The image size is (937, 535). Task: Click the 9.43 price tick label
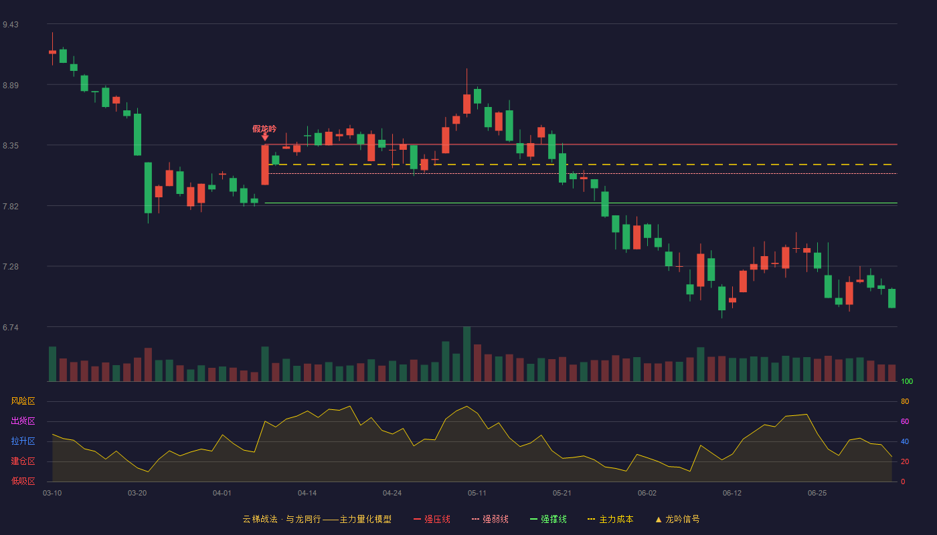(x=11, y=25)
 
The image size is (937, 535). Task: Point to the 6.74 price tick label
(x=11, y=328)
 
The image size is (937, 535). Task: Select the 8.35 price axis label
(x=11, y=146)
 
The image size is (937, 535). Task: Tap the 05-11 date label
(x=477, y=494)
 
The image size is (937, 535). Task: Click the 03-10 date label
(x=52, y=494)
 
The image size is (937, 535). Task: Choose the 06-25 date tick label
(x=817, y=494)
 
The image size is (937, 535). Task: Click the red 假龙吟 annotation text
(x=264, y=128)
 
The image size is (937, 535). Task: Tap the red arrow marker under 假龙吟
(x=265, y=138)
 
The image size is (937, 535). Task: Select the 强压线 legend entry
(x=432, y=519)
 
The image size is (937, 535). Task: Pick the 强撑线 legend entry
(x=548, y=519)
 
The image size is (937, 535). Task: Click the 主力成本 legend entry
(x=610, y=519)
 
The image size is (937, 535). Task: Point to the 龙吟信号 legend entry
(x=677, y=519)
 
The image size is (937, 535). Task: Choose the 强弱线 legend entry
(x=490, y=519)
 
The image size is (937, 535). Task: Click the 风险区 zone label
(x=23, y=401)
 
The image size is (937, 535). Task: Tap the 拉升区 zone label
(x=23, y=441)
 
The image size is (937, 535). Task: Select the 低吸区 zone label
(x=23, y=481)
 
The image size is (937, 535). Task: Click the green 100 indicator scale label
(x=907, y=381)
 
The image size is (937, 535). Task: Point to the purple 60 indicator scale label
(x=905, y=421)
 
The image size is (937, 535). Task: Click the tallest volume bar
(x=467, y=354)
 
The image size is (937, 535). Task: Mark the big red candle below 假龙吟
(x=265, y=165)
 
